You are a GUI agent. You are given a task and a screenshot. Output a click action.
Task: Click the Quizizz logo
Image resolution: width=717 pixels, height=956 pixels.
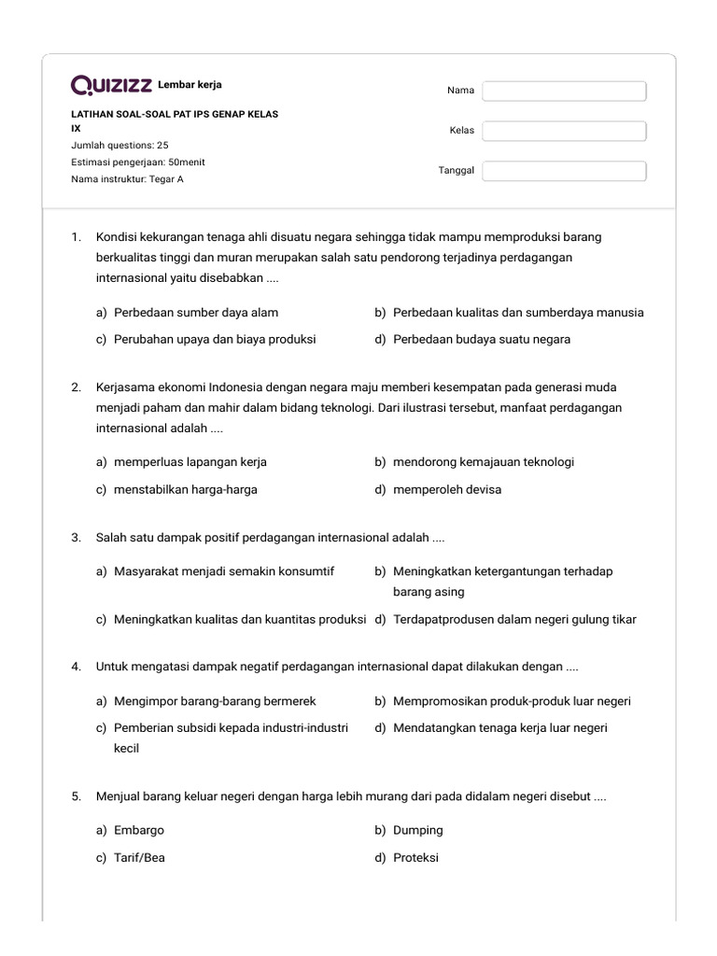click(111, 86)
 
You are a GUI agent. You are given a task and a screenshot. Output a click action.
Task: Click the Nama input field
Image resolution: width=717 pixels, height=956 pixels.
click(564, 91)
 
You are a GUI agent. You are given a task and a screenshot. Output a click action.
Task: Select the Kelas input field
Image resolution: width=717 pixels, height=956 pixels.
click(564, 131)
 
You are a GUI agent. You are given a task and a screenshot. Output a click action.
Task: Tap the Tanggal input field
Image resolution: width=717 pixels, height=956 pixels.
click(564, 171)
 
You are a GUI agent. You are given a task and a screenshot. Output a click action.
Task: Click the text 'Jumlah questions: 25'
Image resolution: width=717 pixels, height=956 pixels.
click(119, 145)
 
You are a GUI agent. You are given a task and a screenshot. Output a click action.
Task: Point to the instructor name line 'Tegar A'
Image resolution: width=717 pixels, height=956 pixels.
click(127, 178)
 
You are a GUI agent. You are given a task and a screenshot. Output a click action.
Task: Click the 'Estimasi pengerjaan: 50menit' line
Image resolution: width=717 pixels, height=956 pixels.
click(138, 162)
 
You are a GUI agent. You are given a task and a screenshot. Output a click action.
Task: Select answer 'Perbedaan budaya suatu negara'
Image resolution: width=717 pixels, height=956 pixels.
click(482, 339)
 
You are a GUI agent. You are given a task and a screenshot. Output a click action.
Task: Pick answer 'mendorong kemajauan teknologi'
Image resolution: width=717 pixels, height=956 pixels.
click(484, 462)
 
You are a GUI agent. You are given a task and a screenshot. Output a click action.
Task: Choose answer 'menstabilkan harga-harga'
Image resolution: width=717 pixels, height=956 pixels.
click(186, 489)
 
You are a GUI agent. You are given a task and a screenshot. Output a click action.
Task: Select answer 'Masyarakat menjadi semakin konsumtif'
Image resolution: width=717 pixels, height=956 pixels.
click(224, 570)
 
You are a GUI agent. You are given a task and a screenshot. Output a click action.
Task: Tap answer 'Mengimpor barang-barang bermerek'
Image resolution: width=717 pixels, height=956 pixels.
click(215, 701)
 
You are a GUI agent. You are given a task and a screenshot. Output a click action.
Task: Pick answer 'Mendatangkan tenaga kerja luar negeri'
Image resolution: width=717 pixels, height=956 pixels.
click(499, 727)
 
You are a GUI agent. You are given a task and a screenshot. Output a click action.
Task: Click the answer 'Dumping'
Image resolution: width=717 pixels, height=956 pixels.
click(418, 830)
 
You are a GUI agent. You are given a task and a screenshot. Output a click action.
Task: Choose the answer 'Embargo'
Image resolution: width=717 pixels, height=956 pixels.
click(139, 830)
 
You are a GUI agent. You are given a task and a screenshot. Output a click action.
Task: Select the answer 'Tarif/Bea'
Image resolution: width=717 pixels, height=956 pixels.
click(139, 857)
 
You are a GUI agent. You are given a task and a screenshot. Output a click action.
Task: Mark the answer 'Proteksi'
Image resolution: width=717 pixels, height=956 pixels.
click(415, 857)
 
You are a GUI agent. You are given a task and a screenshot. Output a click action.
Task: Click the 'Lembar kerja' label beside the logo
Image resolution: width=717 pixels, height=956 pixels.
click(190, 85)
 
